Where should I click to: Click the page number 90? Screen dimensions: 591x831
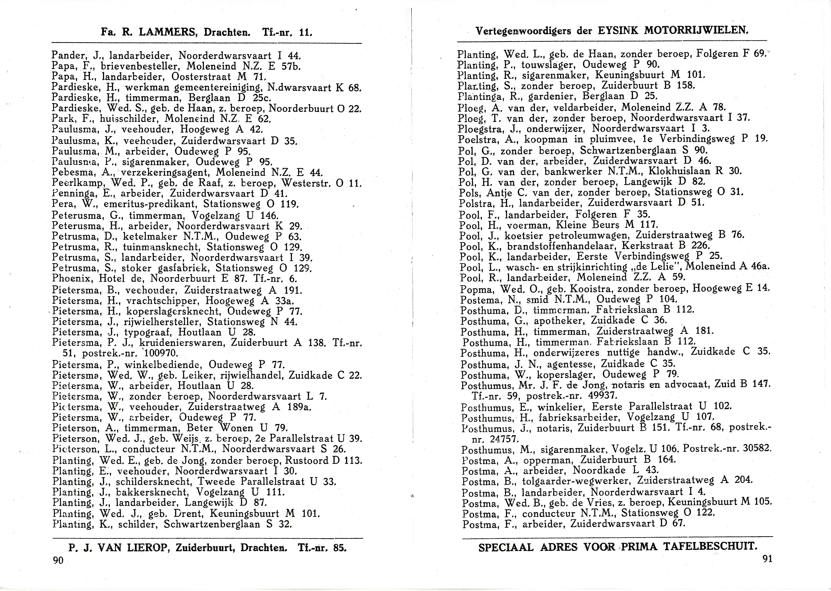[58, 560]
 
